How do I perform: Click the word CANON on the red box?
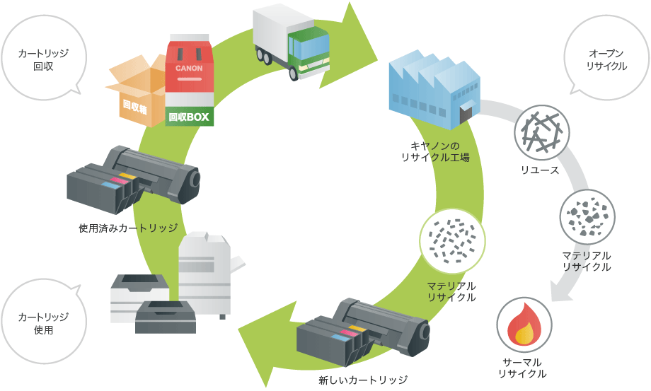[190, 69]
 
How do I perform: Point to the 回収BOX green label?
[190, 117]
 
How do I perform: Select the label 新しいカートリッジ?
[363, 380]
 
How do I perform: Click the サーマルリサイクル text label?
[522, 367]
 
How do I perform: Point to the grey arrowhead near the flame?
[563, 291]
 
